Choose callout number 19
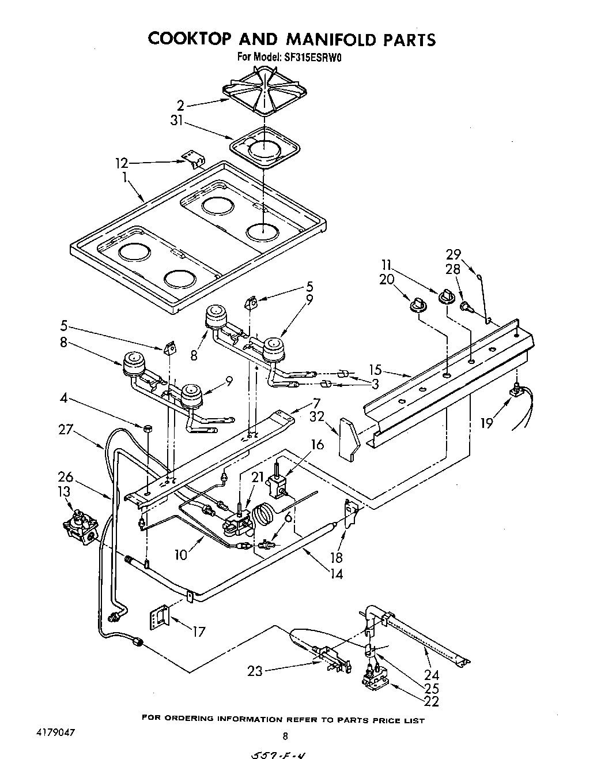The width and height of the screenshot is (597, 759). pos(488,423)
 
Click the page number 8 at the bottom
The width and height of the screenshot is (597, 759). pos(285,736)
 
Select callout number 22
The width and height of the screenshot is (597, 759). pos(431,701)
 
